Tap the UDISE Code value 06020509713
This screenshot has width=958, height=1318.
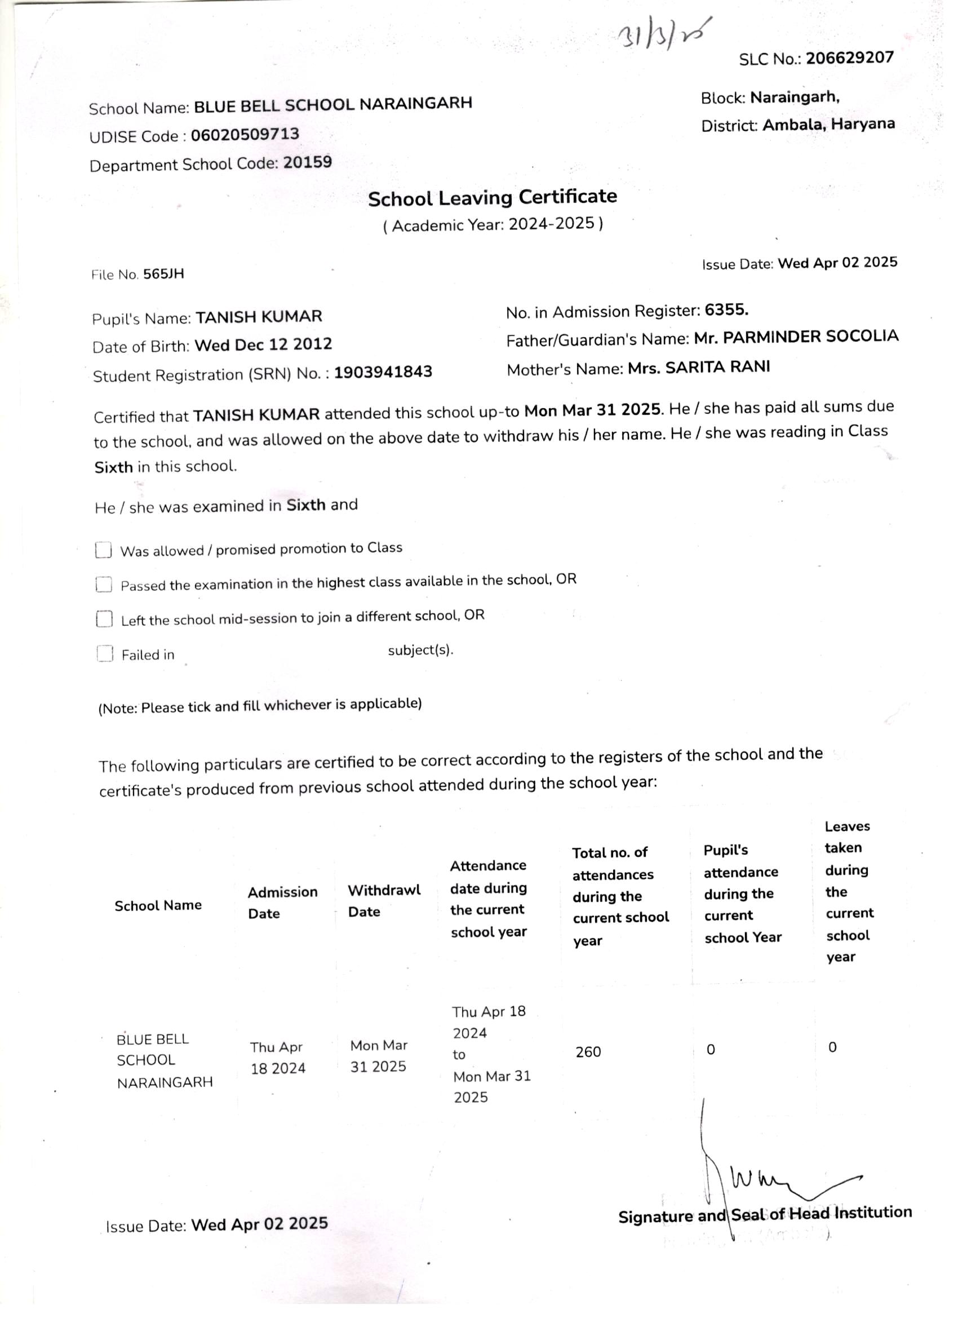[x=245, y=135]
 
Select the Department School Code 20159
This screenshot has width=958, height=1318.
[x=307, y=162]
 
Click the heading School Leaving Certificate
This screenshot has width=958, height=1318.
[x=492, y=197]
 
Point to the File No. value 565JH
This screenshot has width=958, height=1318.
[x=163, y=274]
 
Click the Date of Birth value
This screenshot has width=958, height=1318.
[x=263, y=344]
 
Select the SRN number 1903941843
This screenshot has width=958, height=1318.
[x=383, y=372]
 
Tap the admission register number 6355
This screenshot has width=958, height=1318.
[x=726, y=310]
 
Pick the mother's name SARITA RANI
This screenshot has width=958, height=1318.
[x=699, y=368]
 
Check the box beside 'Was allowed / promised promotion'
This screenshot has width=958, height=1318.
[x=104, y=550]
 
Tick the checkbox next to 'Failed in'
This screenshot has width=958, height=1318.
[x=105, y=654]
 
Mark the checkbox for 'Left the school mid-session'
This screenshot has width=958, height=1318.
[x=104, y=619]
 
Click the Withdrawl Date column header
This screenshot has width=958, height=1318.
[x=383, y=901]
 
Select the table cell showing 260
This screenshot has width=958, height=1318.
[x=588, y=1052]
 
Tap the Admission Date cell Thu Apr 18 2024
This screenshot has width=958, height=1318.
[x=278, y=1058]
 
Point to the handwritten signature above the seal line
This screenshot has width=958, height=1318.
[x=773, y=1174]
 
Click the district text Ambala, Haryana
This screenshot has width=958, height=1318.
[x=828, y=125]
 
